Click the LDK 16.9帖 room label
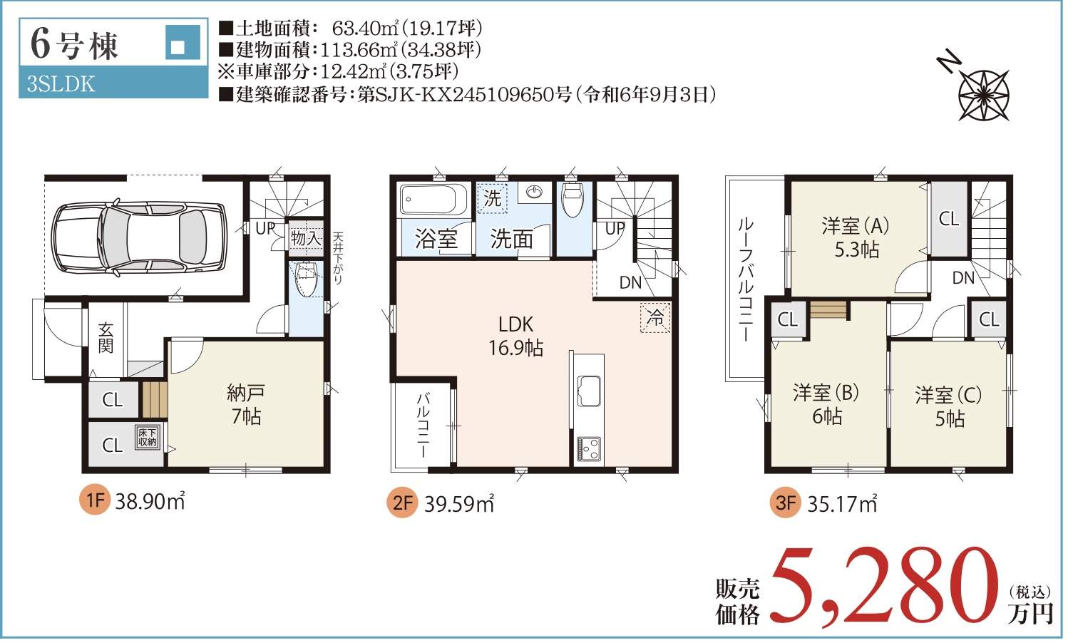[516, 336]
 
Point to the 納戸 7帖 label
[246, 405]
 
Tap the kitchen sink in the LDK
[589, 390]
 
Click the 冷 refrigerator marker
[655, 317]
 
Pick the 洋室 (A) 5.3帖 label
[856, 238]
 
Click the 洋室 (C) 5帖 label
[949, 407]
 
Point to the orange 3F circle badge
[786, 503]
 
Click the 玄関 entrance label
[106, 338]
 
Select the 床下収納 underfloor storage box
[148, 437]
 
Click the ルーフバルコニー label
[746, 279]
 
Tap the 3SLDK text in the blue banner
[61, 84]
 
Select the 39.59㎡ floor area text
[458, 504]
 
